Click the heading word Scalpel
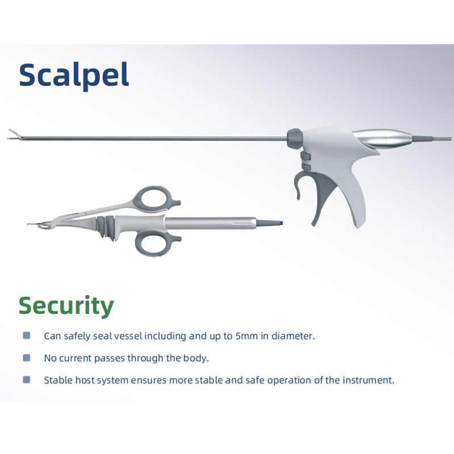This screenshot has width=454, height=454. (74, 75)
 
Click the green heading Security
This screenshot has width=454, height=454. (66, 305)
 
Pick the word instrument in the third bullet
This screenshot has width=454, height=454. (368, 380)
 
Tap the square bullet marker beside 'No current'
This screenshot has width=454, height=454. (26, 358)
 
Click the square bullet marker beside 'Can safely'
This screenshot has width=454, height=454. (26, 336)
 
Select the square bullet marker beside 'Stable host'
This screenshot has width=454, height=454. (26, 380)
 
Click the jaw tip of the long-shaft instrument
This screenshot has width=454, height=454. (14, 136)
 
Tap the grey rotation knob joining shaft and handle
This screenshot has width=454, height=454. (295, 136)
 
